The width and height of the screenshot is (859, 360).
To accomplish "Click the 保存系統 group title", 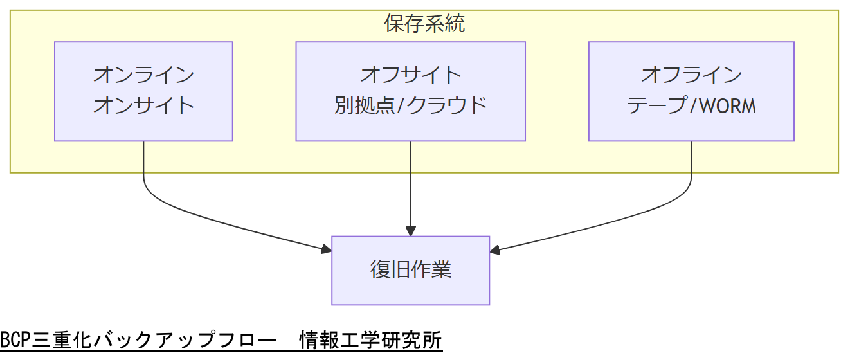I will click(424, 24).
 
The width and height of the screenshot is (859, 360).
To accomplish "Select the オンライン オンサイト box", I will click(143, 91).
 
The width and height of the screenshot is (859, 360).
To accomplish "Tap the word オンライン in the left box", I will click(143, 75).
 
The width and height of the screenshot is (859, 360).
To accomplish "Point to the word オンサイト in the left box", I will click(143, 105).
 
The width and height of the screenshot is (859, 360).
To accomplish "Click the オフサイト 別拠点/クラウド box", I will click(410, 91).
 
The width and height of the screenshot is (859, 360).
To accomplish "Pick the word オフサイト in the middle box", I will click(410, 75).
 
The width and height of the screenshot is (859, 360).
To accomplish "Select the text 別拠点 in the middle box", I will click(363, 105).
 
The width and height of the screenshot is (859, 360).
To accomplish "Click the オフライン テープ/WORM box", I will click(691, 91).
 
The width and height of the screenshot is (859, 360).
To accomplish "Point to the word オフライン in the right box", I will click(691, 75).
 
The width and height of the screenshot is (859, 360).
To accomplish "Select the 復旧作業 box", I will click(410, 270).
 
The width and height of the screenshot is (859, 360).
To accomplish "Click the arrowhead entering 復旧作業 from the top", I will click(410, 231).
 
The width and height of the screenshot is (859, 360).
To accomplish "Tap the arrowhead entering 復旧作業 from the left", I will click(325, 249).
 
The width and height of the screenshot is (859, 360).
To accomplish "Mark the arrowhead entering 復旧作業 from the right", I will click(496, 250).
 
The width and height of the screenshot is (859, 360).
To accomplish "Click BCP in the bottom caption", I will click(15, 339).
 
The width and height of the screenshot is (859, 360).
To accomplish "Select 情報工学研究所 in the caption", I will click(371, 339).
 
